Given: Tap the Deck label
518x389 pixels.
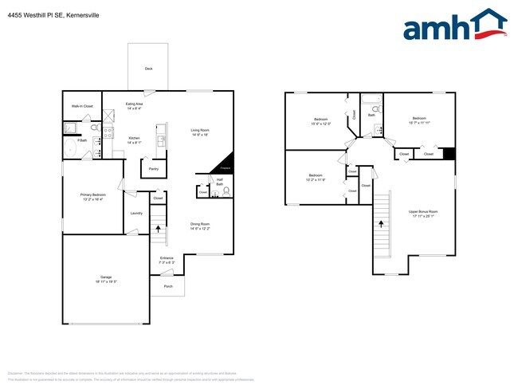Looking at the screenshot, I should point(148,69).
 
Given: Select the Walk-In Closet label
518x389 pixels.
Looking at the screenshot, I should point(82,105).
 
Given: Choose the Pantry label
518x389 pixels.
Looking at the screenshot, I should point(153,169).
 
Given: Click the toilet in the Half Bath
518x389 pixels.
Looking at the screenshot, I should point(226,191).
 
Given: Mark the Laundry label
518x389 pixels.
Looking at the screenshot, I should point(136,213).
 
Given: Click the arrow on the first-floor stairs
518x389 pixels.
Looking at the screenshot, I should point(159,229).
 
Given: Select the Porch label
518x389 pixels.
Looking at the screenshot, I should point(168,286).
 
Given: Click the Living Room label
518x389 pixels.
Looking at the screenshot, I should point(199,130).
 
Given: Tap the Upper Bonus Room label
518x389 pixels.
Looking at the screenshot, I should point(423,211).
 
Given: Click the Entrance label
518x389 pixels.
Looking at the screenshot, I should point(167,258).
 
